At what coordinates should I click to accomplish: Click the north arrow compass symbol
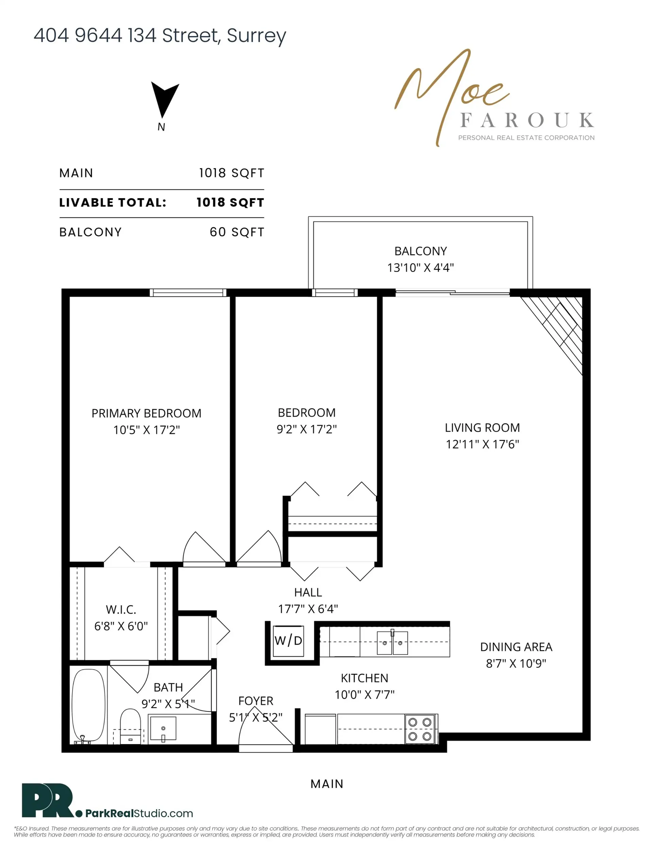(164, 99)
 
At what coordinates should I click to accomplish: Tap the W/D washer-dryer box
(288, 641)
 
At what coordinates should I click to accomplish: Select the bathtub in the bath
(89, 705)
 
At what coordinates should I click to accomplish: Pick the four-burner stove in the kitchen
(420, 729)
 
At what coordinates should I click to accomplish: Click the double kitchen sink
(392, 643)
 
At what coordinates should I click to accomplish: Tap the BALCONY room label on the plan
(420, 251)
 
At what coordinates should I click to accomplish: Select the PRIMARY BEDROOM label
(146, 413)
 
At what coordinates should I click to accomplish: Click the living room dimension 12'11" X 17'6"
(482, 444)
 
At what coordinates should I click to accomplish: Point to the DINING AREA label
(516, 647)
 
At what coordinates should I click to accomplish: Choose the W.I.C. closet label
(121, 610)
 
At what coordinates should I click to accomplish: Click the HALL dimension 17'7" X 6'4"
(308, 609)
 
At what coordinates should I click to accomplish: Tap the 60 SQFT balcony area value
(237, 232)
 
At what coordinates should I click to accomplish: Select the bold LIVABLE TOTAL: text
(113, 203)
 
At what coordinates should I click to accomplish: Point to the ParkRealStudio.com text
(139, 813)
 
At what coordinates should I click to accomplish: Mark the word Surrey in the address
(256, 36)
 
